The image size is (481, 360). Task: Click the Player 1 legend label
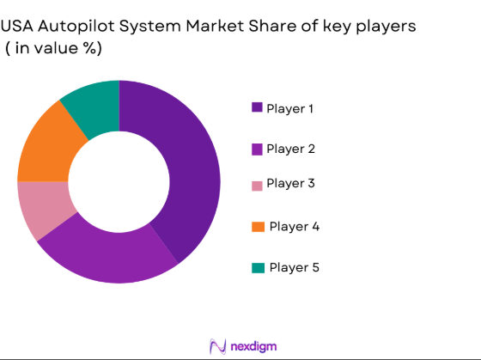[x=290, y=108]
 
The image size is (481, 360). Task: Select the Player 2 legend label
[x=290, y=149]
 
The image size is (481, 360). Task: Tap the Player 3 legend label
[x=290, y=183]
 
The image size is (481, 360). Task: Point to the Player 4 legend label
[x=294, y=227]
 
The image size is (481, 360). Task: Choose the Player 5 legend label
[x=294, y=267]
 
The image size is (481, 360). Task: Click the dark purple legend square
[x=257, y=107]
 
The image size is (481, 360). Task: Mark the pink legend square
[x=257, y=185]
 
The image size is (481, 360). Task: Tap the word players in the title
[x=386, y=27]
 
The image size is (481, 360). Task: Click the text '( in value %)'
[x=53, y=49]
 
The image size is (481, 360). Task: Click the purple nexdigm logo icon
[x=217, y=345]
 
